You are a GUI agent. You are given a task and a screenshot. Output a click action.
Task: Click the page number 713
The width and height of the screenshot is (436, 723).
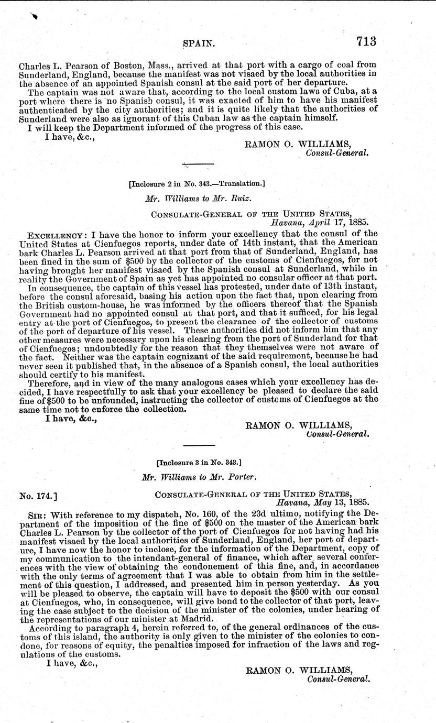[x=366, y=41]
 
